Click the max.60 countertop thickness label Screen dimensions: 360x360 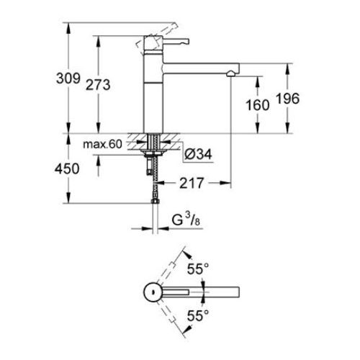point(102,145)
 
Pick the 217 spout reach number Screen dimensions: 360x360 point(189,184)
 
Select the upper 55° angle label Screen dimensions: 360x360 point(198,269)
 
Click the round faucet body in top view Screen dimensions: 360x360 point(152,292)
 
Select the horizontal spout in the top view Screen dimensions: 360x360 point(202,292)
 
